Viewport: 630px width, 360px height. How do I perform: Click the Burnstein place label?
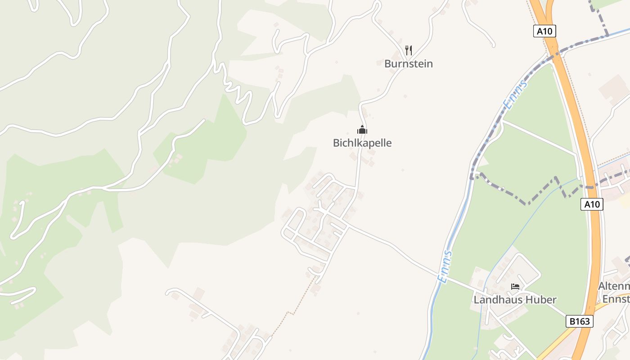click(x=409, y=64)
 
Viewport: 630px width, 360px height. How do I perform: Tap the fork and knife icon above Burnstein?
click(x=409, y=50)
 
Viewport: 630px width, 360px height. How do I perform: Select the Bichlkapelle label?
click(x=362, y=143)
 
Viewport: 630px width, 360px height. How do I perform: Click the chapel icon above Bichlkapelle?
click(x=362, y=130)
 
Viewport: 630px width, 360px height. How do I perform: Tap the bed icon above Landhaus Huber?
click(x=515, y=287)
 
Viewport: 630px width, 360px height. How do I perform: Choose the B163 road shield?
click(x=579, y=321)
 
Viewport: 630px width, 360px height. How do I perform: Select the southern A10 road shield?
click(x=592, y=204)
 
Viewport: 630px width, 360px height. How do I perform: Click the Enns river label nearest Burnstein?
click(x=515, y=95)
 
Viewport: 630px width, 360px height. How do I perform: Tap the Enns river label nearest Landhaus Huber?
click(x=445, y=266)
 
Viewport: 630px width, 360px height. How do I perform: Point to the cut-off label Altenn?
click(x=614, y=287)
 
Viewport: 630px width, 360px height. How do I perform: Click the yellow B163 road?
click(x=558, y=342)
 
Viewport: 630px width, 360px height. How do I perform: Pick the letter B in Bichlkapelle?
click(x=336, y=143)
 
